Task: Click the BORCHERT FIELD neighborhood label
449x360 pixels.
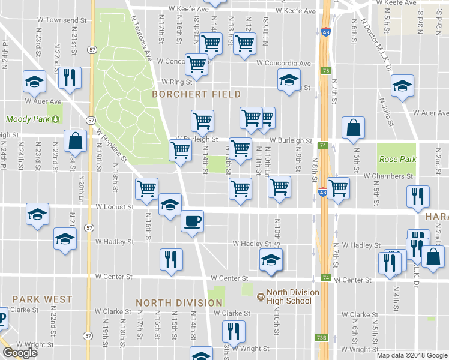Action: [x=196, y=94]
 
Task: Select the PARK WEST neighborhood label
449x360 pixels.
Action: [x=42, y=299]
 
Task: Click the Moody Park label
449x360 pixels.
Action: [x=27, y=119]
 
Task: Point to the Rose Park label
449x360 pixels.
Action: [x=397, y=160]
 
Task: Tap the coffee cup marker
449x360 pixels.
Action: [x=192, y=221]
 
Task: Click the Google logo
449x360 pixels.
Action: [x=19, y=353]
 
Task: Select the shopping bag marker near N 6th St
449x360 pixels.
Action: [x=353, y=127]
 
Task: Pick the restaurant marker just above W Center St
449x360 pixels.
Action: [x=171, y=259]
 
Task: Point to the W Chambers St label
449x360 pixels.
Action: [x=388, y=176]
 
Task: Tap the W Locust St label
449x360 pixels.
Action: [x=114, y=207]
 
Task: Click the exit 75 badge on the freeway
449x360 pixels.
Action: [x=325, y=71]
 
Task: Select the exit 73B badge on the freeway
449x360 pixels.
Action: [x=322, y=338]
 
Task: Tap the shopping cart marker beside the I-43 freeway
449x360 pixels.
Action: [x=339, y=188]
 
